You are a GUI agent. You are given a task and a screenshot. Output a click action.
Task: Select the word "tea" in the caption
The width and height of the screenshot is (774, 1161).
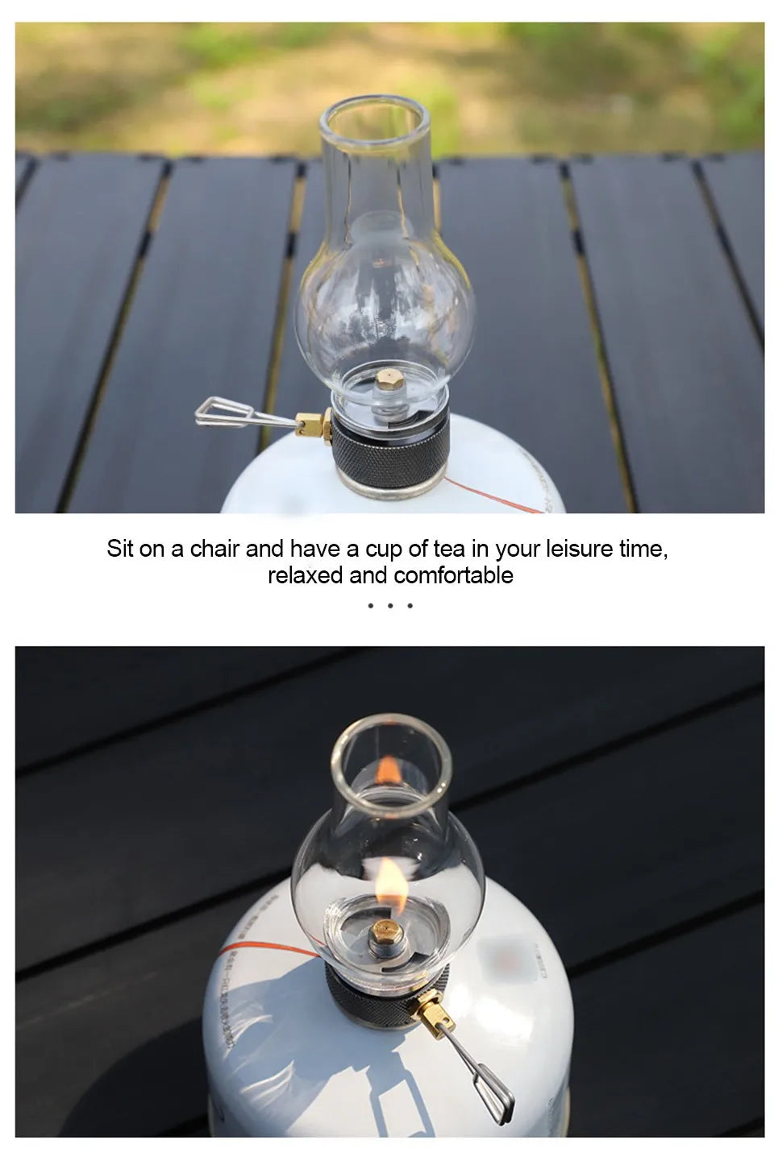(x=449, y=549)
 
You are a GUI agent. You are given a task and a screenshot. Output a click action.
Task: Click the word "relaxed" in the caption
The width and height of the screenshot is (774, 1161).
(x=306, y=575)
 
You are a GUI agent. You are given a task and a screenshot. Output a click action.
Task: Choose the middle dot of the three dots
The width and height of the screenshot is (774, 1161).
(x=390, y=605)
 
